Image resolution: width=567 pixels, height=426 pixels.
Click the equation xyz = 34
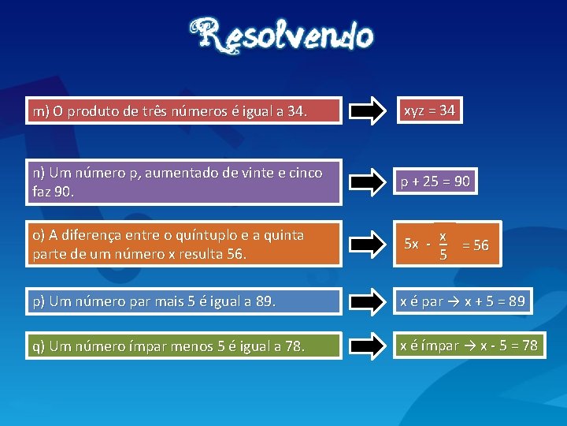(x=429, y=110)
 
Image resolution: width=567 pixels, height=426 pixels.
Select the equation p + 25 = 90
(x=435, y=181)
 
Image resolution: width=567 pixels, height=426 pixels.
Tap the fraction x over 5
(x=443, y=245)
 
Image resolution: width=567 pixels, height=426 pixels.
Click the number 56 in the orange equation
(x=480, y=245)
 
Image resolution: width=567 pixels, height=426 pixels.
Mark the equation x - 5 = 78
(x=504, y=346)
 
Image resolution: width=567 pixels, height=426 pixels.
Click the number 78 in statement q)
(x=293, y=346)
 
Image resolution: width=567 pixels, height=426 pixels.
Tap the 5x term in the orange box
(x=411, y=244)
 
